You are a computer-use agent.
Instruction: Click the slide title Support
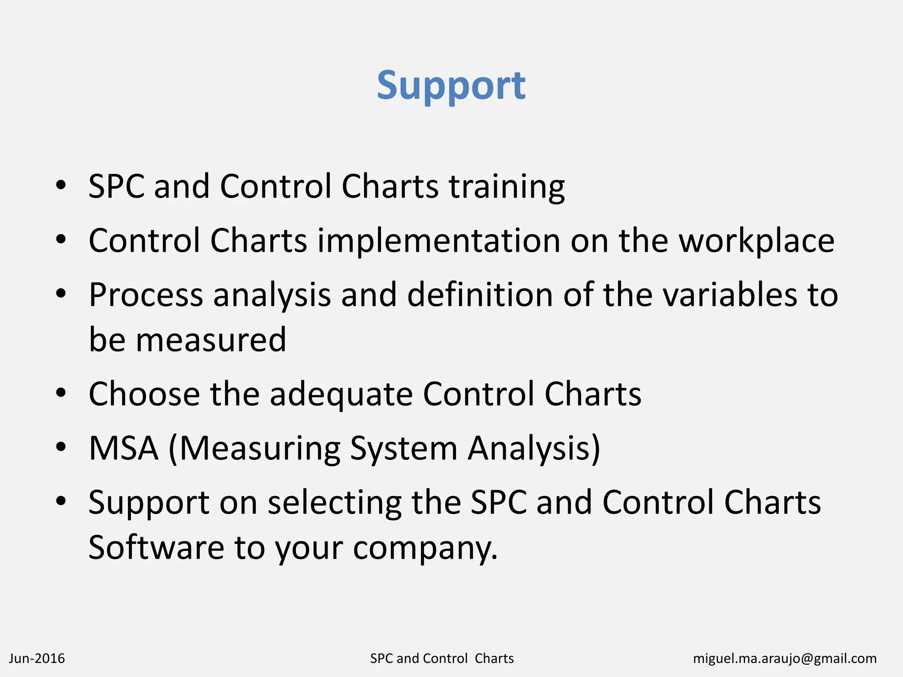click(x=451, y=86)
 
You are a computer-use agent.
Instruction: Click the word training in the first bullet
click(x=507, y=187)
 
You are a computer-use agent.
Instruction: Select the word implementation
click(x=439, y=241)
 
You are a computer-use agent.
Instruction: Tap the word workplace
click(x=756, y=241)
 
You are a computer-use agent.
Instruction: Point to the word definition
click(x=480, y=295)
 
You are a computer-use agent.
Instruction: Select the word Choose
click(x=144, y=394)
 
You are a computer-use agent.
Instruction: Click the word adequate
click(x=341, y=394)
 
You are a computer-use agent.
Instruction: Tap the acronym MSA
click(x=123, y=448)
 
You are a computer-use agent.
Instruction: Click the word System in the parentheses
click(x=403, y=448)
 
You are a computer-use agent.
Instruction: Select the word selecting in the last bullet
click(x=335, y=502)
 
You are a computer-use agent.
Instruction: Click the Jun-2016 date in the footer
click(x=37, y=658)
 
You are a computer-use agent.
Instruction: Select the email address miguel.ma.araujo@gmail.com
click(x=785, y=658)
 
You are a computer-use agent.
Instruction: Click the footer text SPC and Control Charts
click(x=442, y=658)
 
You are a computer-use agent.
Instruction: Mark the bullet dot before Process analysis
click(x=61, y=293)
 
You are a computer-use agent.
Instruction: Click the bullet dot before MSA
click(x=61, y=446)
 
